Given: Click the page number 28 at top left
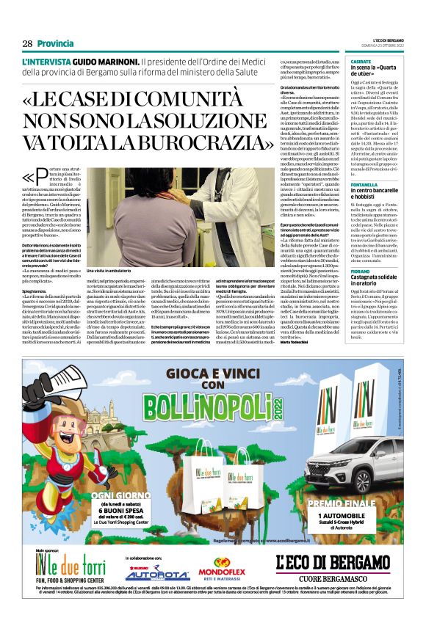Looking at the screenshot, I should (x=27, y=43).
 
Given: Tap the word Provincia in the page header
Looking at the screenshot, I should (x=55, y=43).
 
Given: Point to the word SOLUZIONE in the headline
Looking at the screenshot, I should (x=243, y=116).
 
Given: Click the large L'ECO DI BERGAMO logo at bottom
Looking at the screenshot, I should (x=332, y=563).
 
